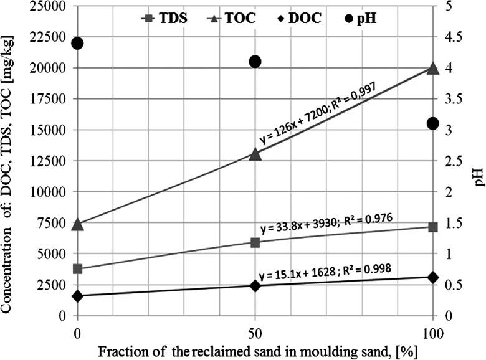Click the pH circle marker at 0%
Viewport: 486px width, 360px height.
click(x=78, y=44)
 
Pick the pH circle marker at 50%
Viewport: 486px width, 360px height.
click(x=255, y=61)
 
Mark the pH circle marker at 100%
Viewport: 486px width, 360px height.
click(x=433, y=123)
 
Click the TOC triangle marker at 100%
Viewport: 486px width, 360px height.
click(x=433, y=68)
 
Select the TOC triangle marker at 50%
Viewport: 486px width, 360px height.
click(x=255, y=153)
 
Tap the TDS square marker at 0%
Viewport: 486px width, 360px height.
click(x=78, y=269)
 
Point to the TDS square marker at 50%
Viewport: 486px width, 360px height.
click(x=255, y=242)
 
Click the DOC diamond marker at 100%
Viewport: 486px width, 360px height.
click(x=433, y=277)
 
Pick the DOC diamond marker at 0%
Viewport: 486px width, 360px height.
click(x=78, y=296)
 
